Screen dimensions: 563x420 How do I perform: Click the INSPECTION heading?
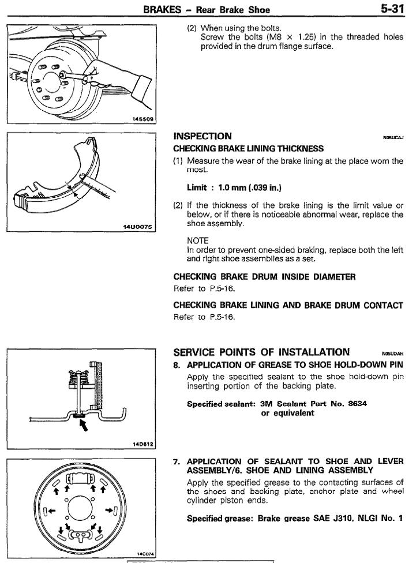click(202, 137)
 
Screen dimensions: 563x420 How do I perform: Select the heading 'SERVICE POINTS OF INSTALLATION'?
click(261, 352)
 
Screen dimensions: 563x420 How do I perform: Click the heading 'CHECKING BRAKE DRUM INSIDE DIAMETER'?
click(265, 277)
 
